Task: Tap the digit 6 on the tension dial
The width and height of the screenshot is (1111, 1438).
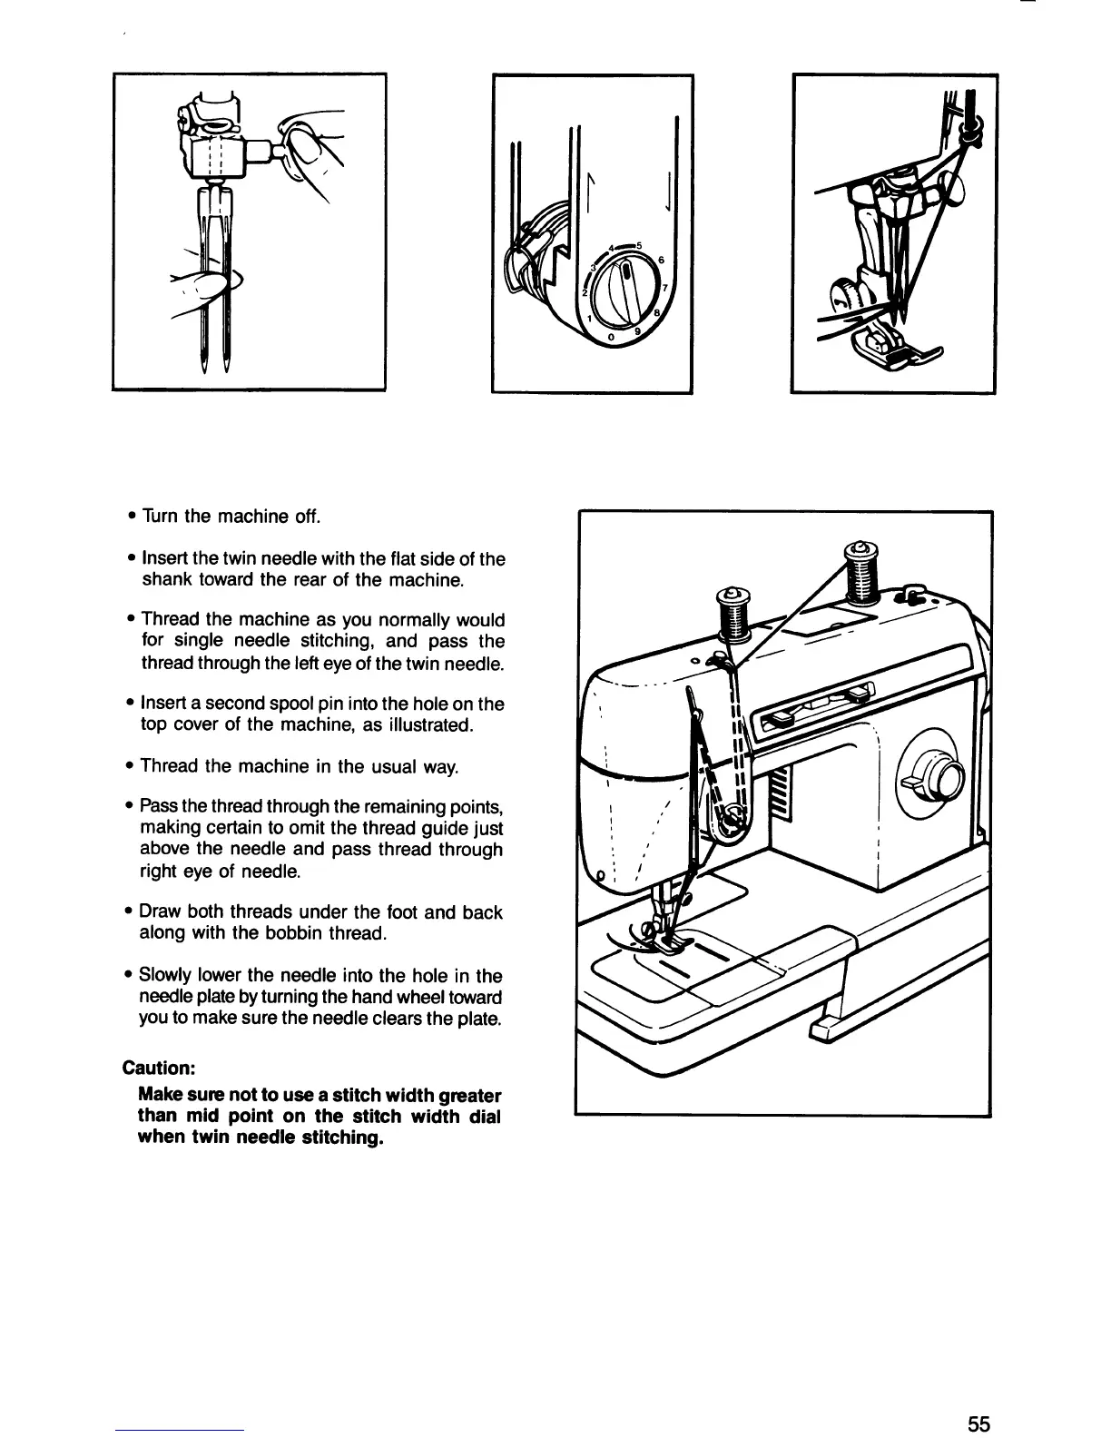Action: click(661, 261)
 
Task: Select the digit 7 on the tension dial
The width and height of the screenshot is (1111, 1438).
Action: click(667, 289)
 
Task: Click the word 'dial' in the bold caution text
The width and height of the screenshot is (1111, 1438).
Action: click(484, 1117)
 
